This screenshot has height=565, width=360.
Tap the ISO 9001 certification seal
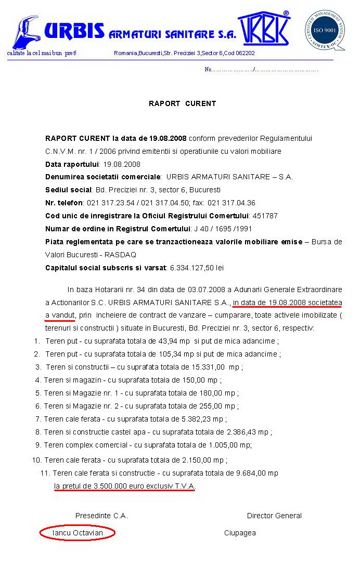[324, 30]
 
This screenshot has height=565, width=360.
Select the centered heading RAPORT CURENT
[182, 103]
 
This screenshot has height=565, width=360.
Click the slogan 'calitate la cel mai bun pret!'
[42, 53]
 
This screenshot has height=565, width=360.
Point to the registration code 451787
[265, 216]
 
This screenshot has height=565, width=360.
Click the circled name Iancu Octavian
[78, 533]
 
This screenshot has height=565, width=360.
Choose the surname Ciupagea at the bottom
[240, 533]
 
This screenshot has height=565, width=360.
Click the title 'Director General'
[274, 516]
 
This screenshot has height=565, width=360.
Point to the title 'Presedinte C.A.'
[101, 516]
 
